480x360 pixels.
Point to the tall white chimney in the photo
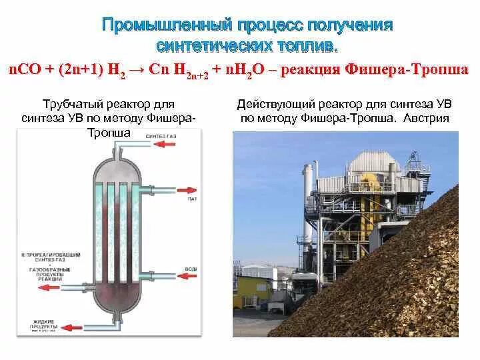coord(307,200)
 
